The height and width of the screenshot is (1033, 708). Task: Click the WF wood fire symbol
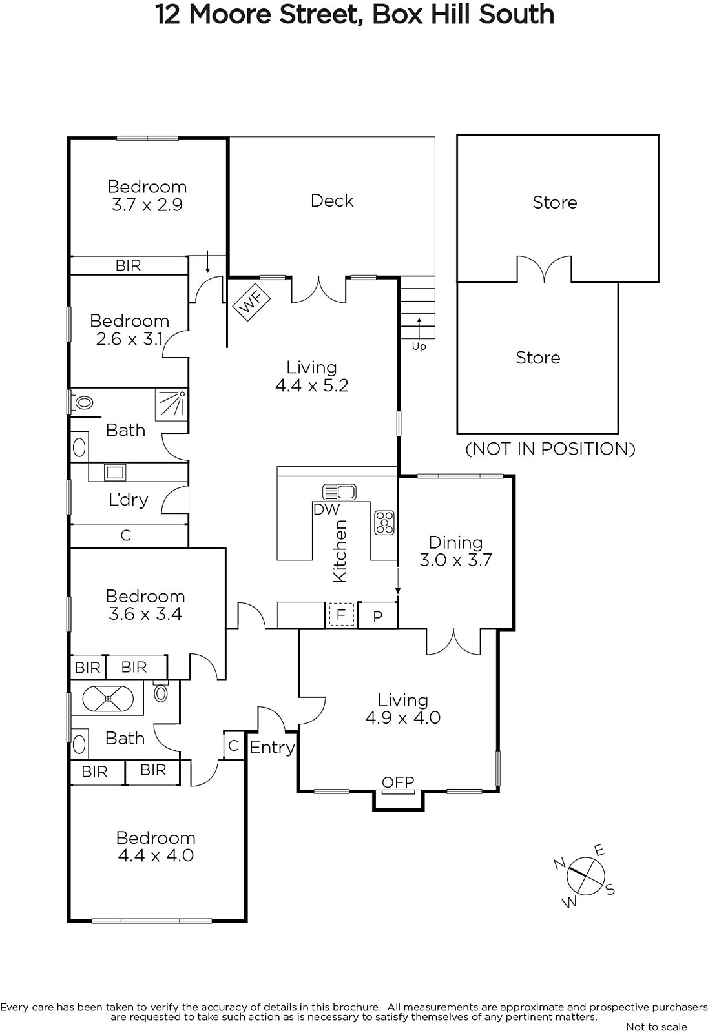tap(251, 302)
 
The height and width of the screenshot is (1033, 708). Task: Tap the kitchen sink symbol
tap(339, 491)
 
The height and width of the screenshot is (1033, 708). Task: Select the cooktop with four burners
tap(384, 522)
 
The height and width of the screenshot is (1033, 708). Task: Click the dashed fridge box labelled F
tap(341, 615)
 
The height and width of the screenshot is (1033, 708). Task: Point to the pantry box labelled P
tap(378, 616)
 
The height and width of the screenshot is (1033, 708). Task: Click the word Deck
tap(332, 201)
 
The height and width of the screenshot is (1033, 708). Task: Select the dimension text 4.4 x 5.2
tap(312, 385)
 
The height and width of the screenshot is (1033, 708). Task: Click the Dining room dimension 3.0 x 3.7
tap(455, 560)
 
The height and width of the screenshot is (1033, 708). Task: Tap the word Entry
tap(272, 748)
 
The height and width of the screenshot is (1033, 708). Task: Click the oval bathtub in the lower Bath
tap(107, 699)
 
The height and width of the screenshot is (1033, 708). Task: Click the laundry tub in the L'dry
tap(115, 472)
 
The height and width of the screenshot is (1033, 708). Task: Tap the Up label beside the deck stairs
tap(419, 346)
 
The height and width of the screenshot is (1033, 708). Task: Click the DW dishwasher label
tap(326, 509)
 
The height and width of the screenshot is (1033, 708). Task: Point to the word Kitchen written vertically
tap(340, 551)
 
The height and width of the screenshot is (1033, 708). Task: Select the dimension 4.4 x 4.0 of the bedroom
tap(156, 855)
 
